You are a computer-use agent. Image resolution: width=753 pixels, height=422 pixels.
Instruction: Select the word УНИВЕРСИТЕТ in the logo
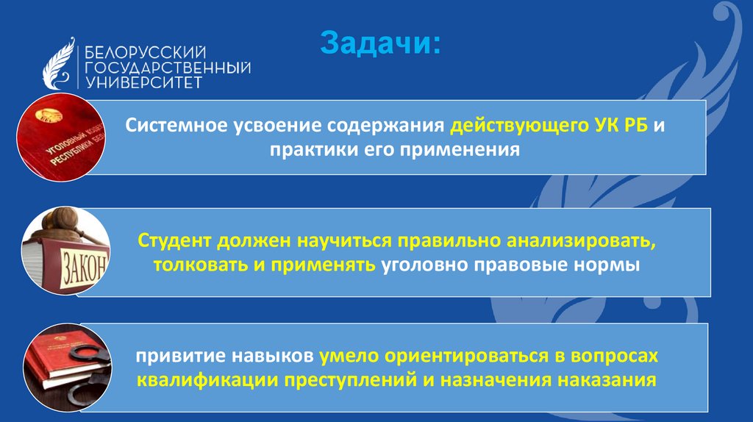(144, 82)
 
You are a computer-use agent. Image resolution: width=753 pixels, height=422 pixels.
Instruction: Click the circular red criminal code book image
(62, 137)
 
